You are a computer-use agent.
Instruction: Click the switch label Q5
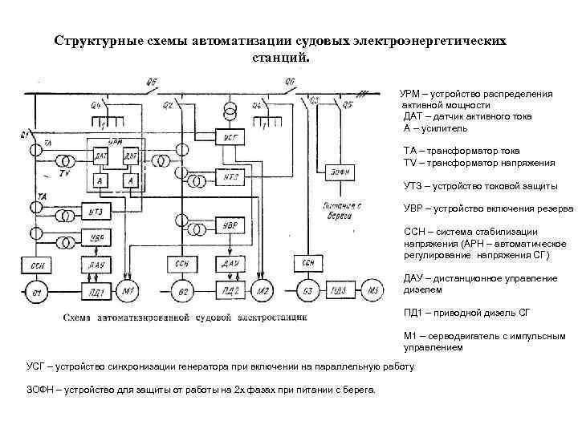click(x=347, y=103)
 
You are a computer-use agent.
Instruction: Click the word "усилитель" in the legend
click(x=442, y=127)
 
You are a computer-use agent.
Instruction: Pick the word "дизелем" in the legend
click(x=422, y=289)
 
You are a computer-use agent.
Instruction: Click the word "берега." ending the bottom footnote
click(x=367, y=390)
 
